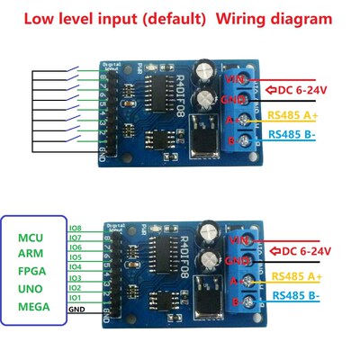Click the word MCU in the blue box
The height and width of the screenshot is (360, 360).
(31, 237)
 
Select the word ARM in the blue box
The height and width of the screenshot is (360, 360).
(31, 254)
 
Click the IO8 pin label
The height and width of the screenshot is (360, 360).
(76, 229)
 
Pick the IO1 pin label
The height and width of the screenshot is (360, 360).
(76, 296)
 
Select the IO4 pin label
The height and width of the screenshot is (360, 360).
(76, 267)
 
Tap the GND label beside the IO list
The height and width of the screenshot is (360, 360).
(77, 309)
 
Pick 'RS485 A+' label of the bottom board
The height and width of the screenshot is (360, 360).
(295, 275)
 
